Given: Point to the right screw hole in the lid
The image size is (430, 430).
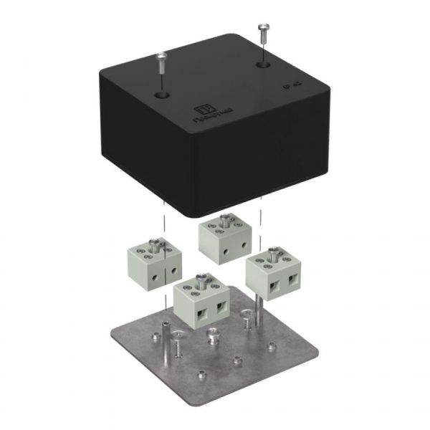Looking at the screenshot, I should coord(261,64).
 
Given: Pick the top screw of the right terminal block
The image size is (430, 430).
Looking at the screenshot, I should coord(272,253).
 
